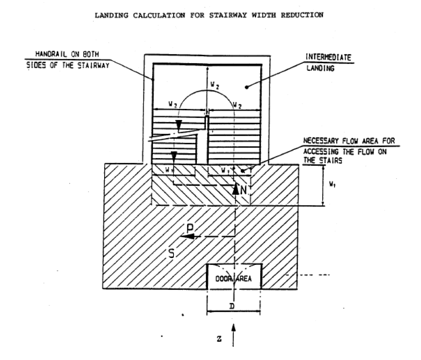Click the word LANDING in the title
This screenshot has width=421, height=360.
[x=111, y=15]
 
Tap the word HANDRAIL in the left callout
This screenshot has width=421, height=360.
[x=51, y=54]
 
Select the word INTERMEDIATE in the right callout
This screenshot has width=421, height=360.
[x=328, y=57]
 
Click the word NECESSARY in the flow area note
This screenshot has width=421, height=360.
[x=321, y=141]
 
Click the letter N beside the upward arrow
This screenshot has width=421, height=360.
[x=243, y=190]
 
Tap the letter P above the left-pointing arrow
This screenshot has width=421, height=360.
[x=190, y=228]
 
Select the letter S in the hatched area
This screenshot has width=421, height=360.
[x=171, y=253]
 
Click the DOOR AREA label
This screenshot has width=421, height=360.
[x=233, y=279]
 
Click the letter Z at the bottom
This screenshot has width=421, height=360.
[x=219, y=339]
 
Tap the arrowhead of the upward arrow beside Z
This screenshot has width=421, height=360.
[x=233, y=328]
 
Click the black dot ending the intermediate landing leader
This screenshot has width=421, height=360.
[x=247, y=87]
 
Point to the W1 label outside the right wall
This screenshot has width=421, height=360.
[x=332, y=184]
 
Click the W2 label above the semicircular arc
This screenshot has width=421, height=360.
[x=214, y=85]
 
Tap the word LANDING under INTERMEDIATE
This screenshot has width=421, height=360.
[x=320, y=68]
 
